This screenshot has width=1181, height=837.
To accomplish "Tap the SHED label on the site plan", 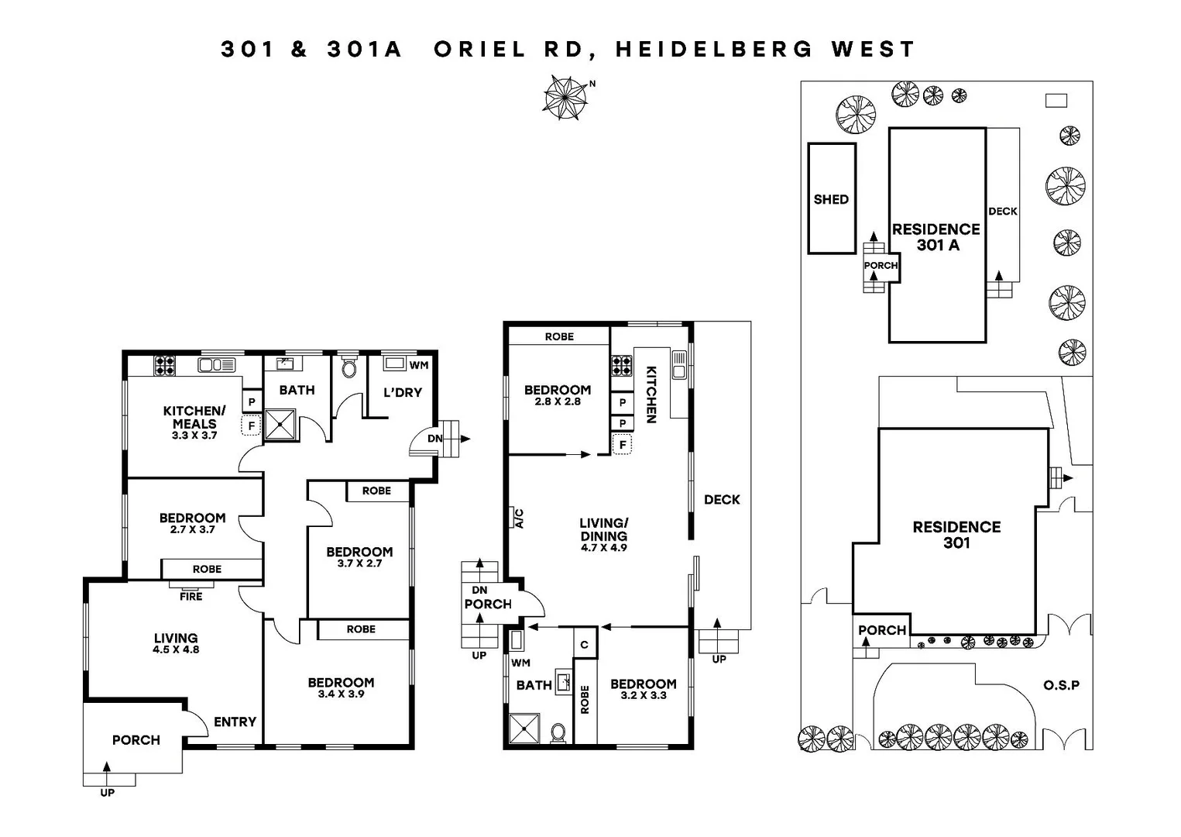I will (831, 199).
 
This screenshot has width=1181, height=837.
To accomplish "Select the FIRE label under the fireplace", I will (191, 596).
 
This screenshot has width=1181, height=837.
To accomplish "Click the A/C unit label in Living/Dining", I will (519, 518).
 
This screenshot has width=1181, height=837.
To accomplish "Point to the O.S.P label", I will (1061, 685).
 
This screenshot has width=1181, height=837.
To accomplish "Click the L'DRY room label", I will (403, 392).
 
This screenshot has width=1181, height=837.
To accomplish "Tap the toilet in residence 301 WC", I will (349, 367).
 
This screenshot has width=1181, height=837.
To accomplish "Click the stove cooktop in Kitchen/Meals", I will (164, 365).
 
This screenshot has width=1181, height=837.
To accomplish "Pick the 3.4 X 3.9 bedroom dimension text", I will (341, 694).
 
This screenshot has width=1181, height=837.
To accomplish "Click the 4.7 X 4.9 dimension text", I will (604, 547).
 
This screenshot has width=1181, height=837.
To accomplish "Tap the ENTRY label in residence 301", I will (235, 722).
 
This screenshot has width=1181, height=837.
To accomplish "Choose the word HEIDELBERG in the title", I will (714, 50).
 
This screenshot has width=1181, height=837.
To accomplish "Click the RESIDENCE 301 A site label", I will (936, 237).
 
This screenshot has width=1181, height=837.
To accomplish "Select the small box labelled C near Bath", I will (585, 645).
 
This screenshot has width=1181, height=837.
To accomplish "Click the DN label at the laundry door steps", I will (434, 439).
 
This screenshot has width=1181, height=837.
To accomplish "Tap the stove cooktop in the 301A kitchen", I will (622, 365).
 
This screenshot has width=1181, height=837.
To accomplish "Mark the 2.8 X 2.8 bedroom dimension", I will (557, 401).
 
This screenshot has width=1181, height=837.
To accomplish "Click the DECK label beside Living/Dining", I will (722, 500).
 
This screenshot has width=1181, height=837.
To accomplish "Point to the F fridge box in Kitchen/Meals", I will (251, 425).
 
